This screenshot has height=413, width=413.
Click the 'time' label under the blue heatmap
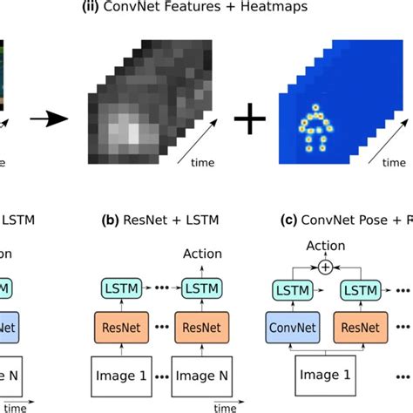coord(393,162)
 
